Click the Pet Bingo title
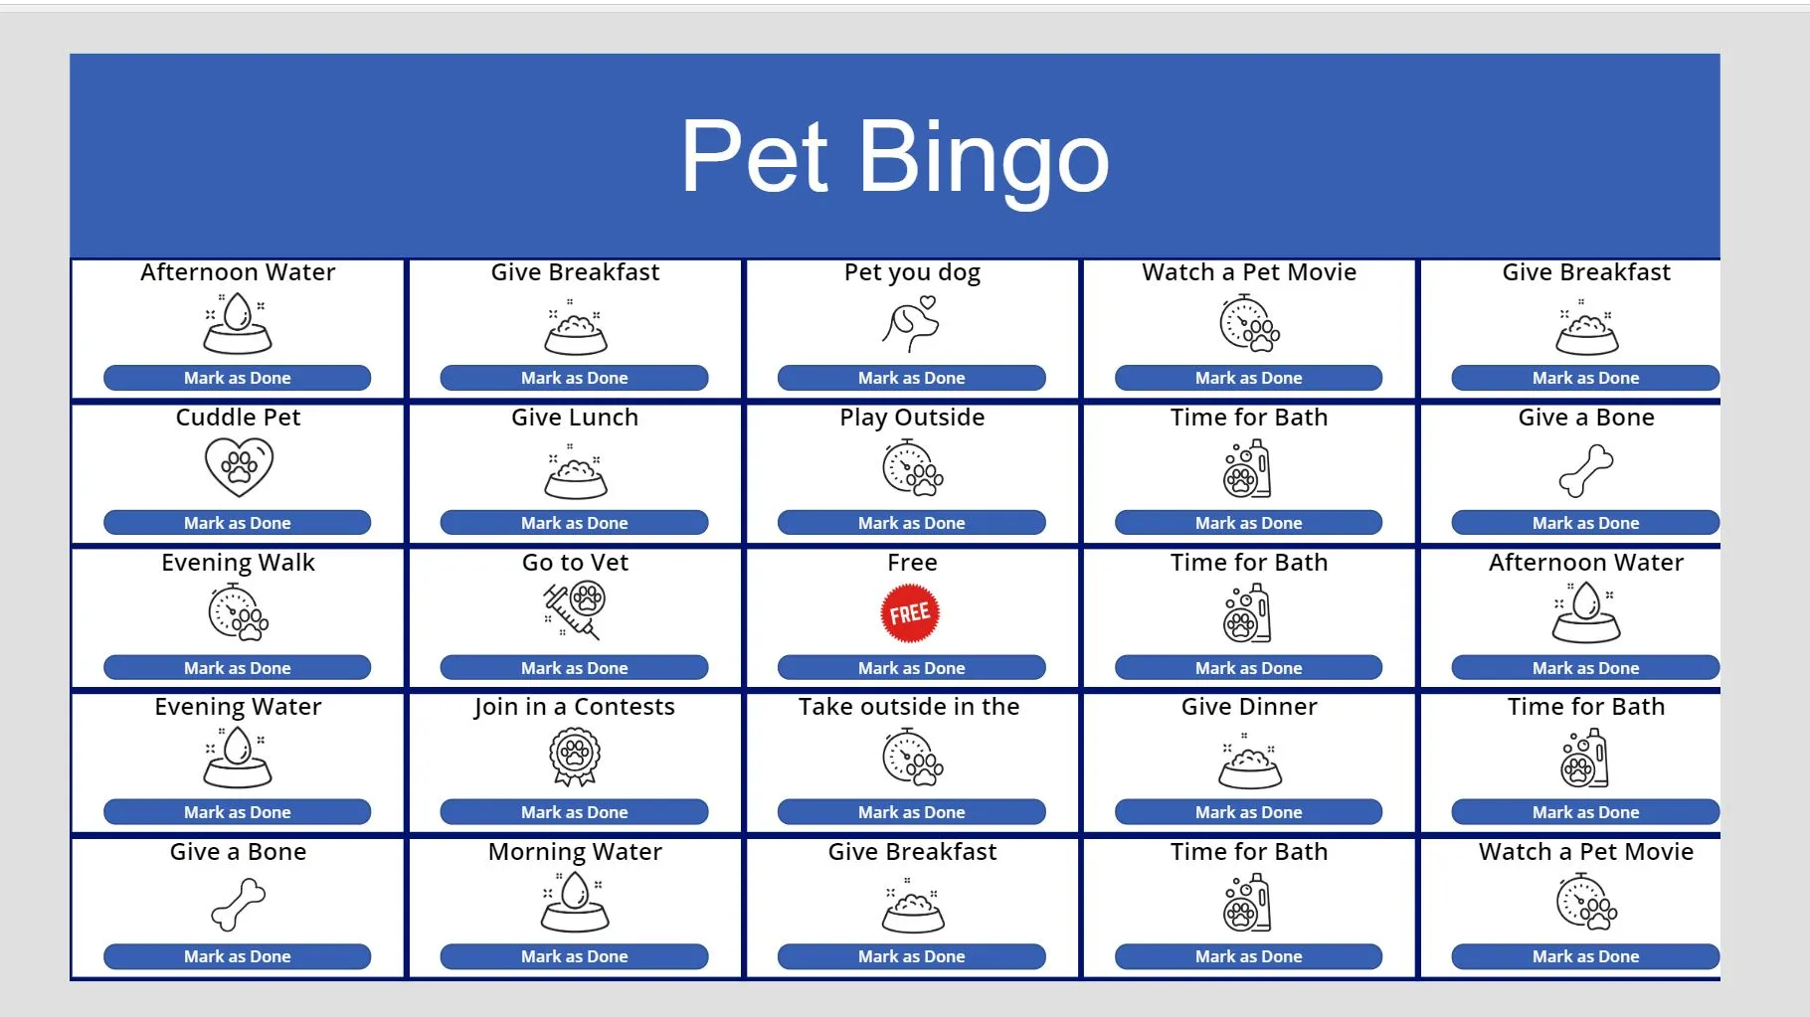coord(894,157)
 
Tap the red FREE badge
coord(910,613)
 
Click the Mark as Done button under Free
coord(911,668)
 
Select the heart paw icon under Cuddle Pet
coord(239,467)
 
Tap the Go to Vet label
coord(575,563)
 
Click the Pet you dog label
coord(912,273)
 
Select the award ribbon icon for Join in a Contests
coord(575,758)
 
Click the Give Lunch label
coord(575,418)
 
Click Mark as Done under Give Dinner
coord(1248,812)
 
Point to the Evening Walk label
coord(238,563)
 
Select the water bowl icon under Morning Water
coord(575,903)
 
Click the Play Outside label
coord(912,418)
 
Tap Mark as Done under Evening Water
coord(237,812)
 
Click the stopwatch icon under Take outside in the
coord(912,758)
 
